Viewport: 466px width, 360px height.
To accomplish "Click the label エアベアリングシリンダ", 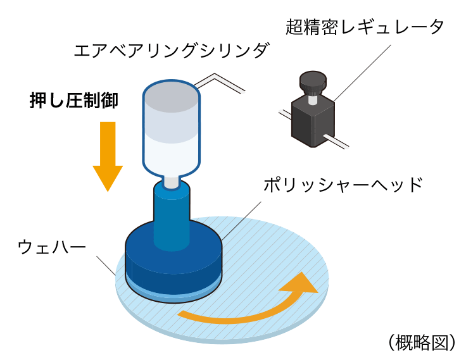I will pyautogui.click(x=170, y=50).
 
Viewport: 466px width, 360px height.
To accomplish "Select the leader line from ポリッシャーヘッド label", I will pyautogui.click(x=241, y=218).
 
